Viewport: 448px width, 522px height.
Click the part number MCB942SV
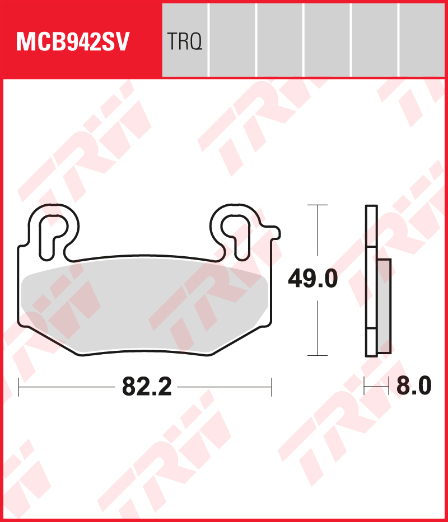coord(73,42)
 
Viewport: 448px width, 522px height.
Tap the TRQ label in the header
coord(184,42)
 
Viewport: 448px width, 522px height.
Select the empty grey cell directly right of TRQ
coord(232,40)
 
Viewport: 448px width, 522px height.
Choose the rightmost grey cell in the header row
coord(423,40)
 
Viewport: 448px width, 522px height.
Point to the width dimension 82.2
coord(146,387)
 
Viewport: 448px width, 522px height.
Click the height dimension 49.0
coord(312,278)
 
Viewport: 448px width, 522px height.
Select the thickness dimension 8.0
coord(414,386)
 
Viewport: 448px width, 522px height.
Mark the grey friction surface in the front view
coord(143,308)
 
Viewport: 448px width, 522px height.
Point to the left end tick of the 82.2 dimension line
coord(19,387)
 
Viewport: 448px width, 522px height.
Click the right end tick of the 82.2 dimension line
coord(271,387)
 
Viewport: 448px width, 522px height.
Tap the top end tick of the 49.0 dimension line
coord(318,205)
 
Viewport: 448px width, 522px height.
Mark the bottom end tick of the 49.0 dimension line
coord(318,355)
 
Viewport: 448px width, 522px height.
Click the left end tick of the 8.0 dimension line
coord(365,386)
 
